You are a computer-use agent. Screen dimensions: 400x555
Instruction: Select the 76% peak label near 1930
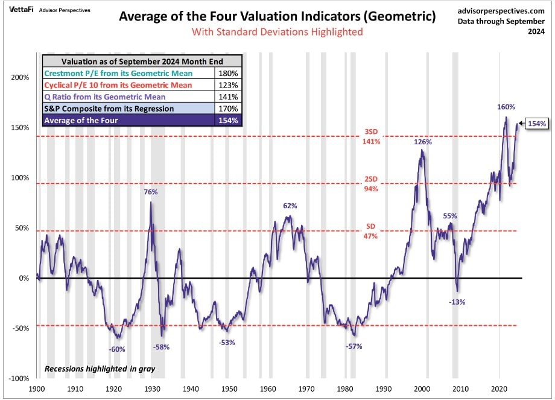tap(151, 192)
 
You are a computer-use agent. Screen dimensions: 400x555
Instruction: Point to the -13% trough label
tap(457, 302)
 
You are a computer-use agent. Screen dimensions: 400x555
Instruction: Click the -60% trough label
tap(117, 349)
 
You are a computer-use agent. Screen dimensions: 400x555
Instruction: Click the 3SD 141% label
tap(371, 138)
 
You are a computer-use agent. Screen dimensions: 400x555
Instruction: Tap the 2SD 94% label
tap(371, 185)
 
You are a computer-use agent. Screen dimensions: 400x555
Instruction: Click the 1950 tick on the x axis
tap(229, 390)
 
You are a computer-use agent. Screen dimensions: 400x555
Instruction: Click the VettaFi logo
tap(21, 10)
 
